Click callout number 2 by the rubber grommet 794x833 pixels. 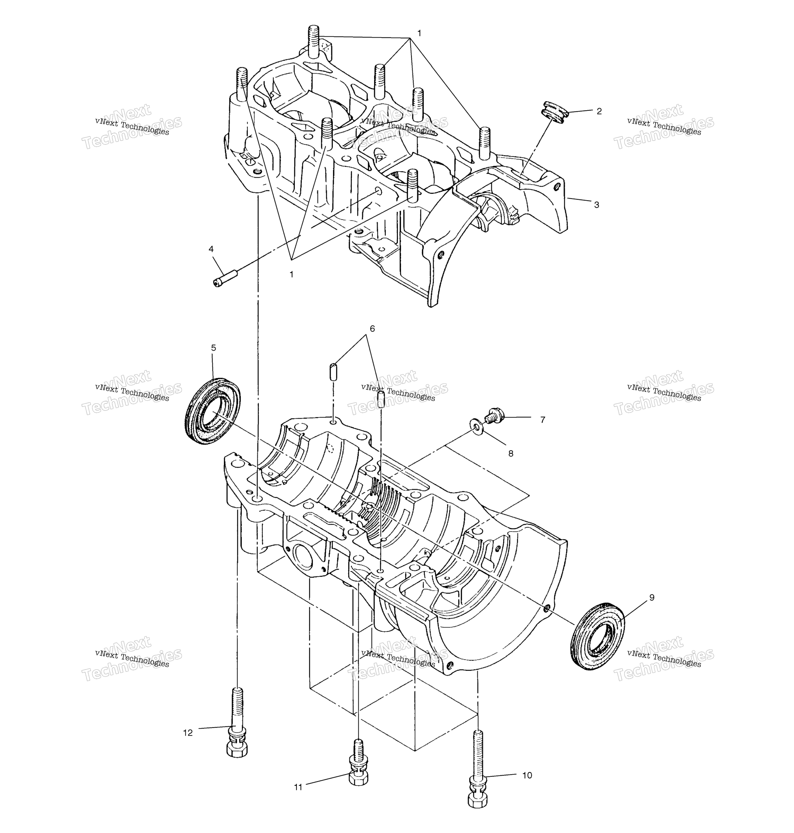(599, 111)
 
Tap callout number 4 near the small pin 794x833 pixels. (211, 249)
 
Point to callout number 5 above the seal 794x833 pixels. (213, 347)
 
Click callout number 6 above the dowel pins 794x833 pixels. (372, 328)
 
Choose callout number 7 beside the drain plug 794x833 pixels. (543, 420)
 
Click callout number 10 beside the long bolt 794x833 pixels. (527, 775)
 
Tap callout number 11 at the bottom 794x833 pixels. (298, 787)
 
